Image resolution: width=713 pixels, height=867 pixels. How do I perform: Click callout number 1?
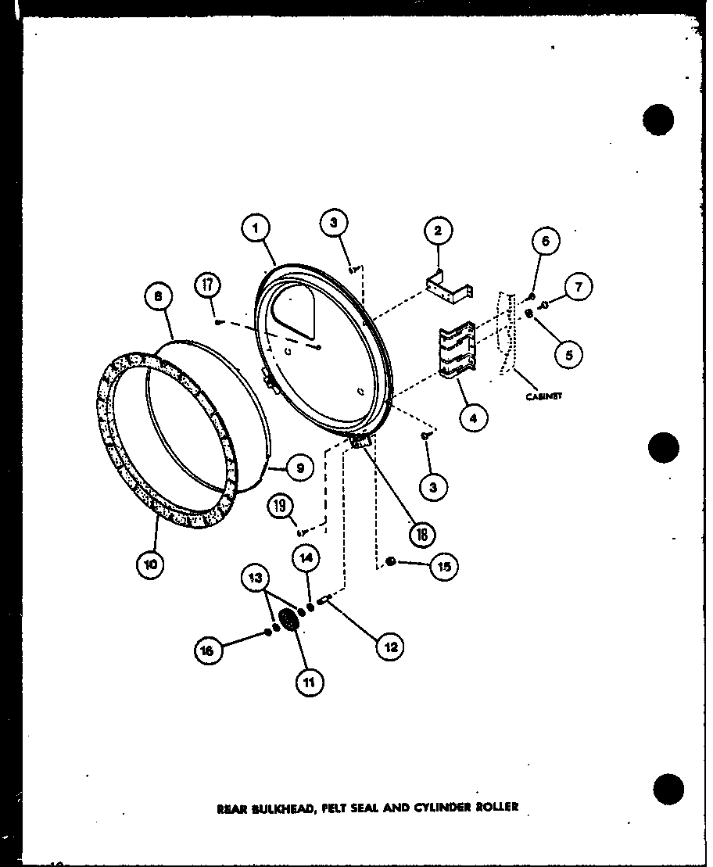pyautogui.click(x=256, y=227)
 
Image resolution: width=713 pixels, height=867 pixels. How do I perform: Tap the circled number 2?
pyautogui.click(x=438, y=231)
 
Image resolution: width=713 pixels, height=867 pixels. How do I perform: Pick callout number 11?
pyautogui.click(x=309, y=682)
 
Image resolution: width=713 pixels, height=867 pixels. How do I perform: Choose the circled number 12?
pyautogui.click(x=389, y=646)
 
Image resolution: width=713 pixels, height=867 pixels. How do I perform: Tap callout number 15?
pyautogui.click(x=444, y=567)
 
